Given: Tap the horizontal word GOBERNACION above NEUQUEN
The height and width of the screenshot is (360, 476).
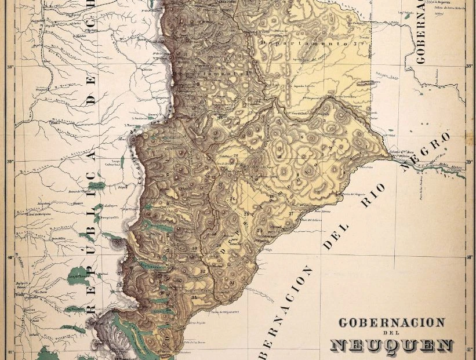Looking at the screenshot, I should [392, 323].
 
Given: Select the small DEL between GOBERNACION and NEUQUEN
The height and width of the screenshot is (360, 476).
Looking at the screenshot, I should [392, 333].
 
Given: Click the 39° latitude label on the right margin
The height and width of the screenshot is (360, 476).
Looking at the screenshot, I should [469, 162].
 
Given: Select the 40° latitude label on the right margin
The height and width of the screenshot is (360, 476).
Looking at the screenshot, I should [469, 257].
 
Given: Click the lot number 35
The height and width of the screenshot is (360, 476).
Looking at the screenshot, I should [194, 297].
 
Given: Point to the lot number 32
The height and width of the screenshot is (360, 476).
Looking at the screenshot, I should [204, 271].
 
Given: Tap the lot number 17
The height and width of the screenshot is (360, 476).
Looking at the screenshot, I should [290, 214].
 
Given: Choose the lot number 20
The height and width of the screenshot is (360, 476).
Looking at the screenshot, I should [235, 155].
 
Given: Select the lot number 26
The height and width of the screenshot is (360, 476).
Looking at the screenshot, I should [232, 199].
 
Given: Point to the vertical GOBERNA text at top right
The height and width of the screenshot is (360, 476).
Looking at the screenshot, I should [420, 32].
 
